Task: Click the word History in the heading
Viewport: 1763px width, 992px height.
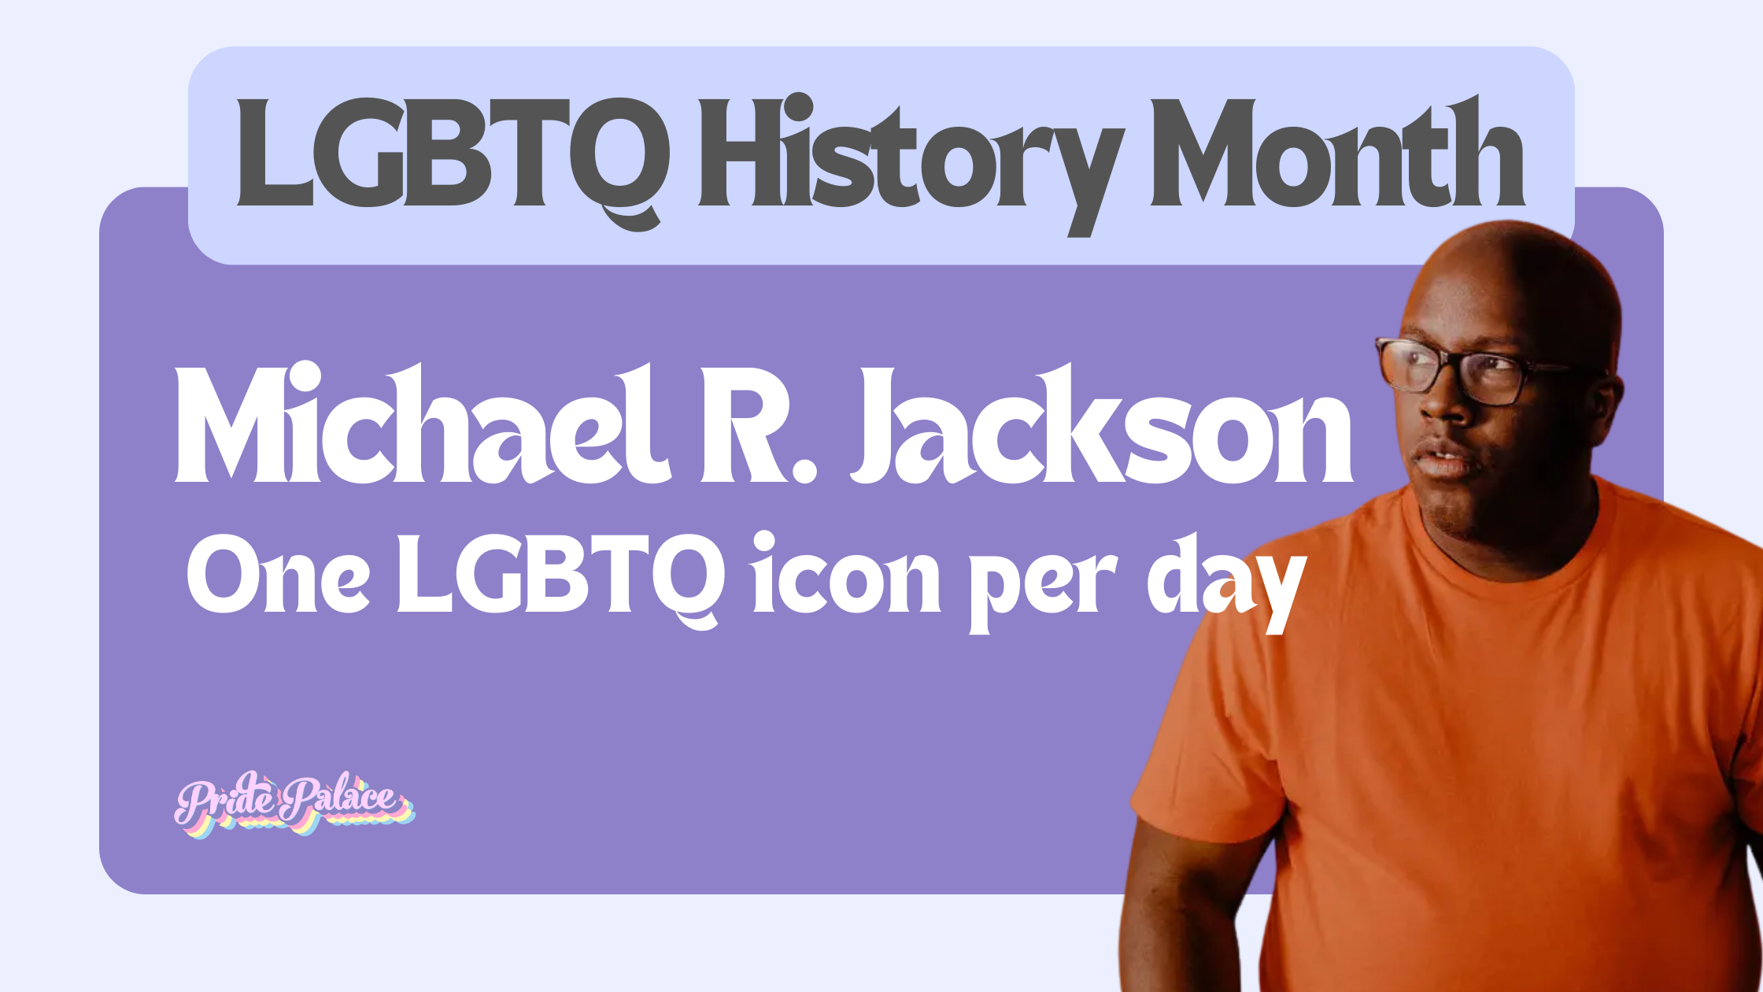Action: [x=905, y=157]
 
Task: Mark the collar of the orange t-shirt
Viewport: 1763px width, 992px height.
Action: [x=1495, y=551]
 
